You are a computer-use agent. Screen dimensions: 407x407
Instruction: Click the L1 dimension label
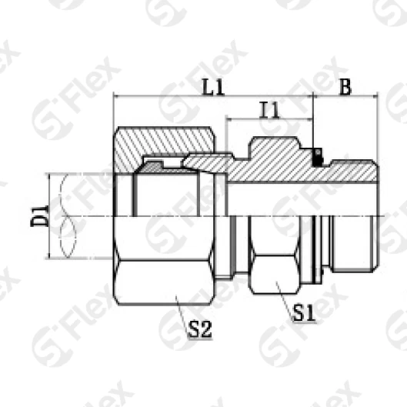point(213,87)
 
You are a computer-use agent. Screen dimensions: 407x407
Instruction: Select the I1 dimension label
point(270,110)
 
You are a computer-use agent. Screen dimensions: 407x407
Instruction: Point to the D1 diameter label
point(39,215)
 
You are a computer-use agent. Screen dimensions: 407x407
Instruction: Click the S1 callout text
point(304,314)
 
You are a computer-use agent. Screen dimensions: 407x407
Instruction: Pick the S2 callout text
point(199,329)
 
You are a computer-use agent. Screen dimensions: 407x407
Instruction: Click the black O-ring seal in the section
point(318,157)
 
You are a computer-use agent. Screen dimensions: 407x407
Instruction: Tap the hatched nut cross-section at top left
point(164,145)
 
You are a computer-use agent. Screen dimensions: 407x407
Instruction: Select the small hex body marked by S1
point(275,255)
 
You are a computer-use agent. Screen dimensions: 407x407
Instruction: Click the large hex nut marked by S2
point(164,260)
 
